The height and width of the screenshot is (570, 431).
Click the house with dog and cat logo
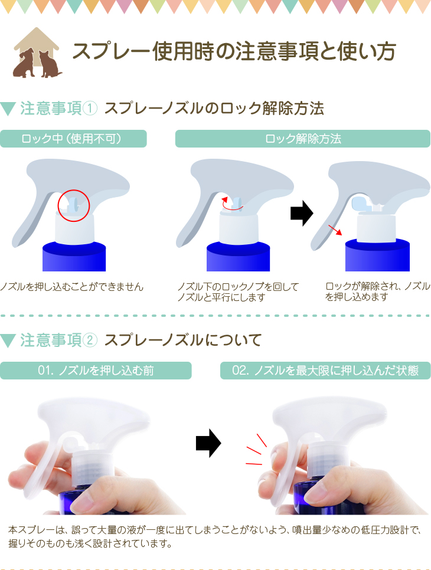coord(37,53)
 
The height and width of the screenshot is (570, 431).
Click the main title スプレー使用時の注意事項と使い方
coord(234,51)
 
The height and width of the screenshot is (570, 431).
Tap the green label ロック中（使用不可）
coord(73,139)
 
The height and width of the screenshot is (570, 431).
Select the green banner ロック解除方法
coord(303,139)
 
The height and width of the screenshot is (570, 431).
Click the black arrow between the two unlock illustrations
coord(302,213)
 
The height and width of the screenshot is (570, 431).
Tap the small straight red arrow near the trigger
coord(335,230)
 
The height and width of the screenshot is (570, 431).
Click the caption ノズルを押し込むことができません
coord(71,287)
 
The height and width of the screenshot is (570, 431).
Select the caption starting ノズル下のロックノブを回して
coord(238,292)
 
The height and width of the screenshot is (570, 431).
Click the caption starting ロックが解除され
coord(377,291)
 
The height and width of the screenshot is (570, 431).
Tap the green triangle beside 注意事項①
coord(8,109)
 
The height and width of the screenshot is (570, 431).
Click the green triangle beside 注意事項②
coord(8,340)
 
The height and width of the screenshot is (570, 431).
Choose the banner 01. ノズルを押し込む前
coord(96,371)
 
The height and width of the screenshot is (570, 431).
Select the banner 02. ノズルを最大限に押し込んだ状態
coord(325,371)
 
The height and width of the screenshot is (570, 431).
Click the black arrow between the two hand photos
coord(208,443)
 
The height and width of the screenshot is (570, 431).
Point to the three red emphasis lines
coord(256,450)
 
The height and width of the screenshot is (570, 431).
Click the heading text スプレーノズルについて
coord(183,340)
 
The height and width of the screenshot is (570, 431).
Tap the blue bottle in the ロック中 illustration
coord(74,257)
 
